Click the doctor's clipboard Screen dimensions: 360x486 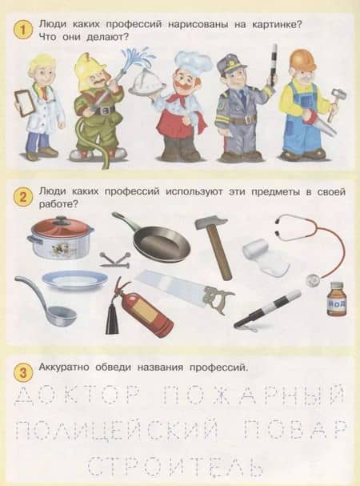(x=23, y=102)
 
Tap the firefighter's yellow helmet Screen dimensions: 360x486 (x=87, y=70)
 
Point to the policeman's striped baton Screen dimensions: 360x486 (x=274, y=65)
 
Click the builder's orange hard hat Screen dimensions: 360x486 (x=302, y=60)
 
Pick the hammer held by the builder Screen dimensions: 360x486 (x=334, y=104)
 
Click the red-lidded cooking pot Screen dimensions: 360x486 (x=60, y=238)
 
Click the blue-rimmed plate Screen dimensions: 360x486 (x=74, y=279)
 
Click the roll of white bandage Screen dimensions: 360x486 (x=265, y=258)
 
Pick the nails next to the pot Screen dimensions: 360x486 (x=115, y=260)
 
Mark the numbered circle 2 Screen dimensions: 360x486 (x=23, y=196)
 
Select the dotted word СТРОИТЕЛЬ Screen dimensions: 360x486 (x=174, y=466)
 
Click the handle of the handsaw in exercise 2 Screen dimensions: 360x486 (x=218, y=299)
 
